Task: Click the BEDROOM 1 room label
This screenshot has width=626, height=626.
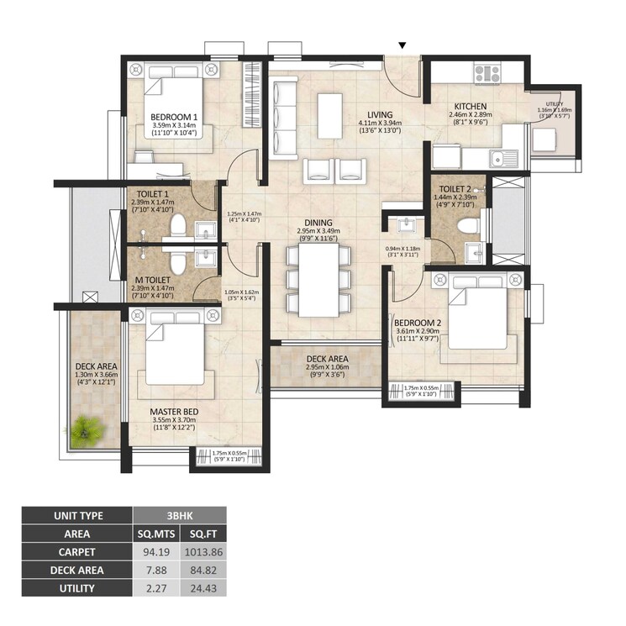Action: [x=174, y=117]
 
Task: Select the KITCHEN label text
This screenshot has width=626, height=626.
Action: [x=471, y=107]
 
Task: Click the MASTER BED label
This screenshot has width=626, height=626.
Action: [x=173, y=412]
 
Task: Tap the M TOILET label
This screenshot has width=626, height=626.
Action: [x=152, y=280]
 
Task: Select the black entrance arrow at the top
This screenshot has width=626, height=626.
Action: [x=403, y=45]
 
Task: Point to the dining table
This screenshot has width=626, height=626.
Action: [x=319, y=278]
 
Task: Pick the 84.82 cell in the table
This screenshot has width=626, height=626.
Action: [x=203, y=571]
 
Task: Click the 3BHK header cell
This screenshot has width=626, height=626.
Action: [x=179, y=514]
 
